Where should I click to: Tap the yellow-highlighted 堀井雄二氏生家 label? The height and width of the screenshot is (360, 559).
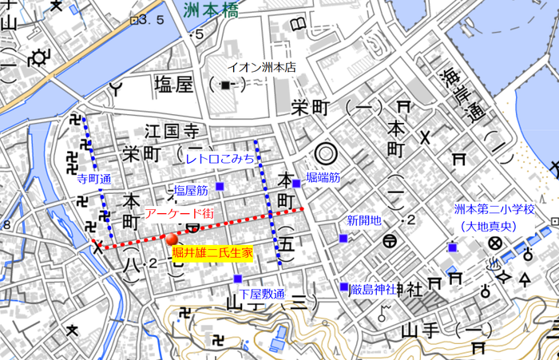[212, 252]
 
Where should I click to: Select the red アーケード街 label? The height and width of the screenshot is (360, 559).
[179, 213]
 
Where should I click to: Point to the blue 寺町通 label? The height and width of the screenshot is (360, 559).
[94, 180]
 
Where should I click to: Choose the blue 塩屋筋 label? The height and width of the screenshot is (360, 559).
[191, 191]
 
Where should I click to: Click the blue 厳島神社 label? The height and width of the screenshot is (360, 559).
[372, 288]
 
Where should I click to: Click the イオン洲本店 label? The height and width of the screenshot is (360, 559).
[262, 68]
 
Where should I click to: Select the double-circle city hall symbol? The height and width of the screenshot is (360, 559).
[325, 152]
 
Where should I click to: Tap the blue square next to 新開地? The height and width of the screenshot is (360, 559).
[343, 238]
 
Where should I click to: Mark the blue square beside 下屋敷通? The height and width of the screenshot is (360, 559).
[238, 279]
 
